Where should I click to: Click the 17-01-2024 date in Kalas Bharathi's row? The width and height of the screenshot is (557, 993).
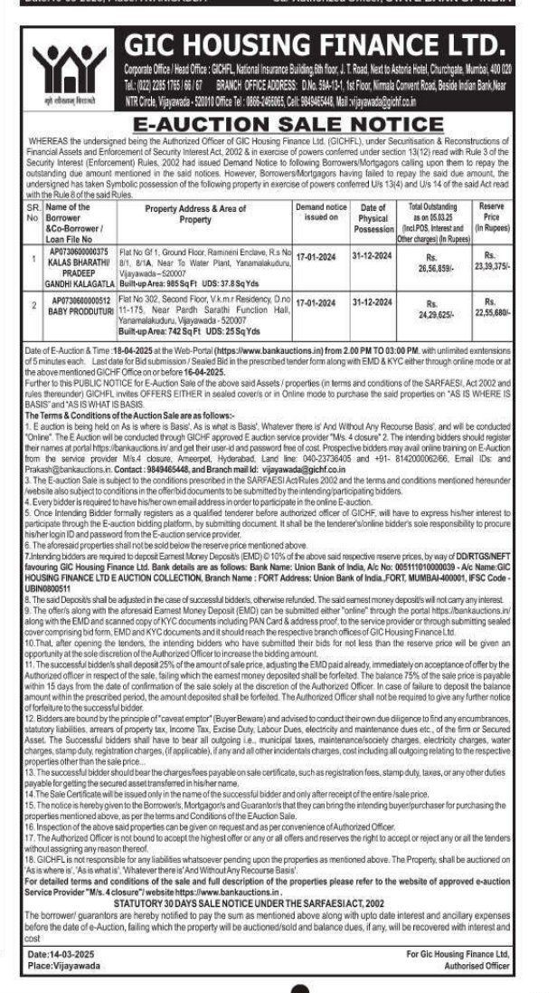coord(319,255)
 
